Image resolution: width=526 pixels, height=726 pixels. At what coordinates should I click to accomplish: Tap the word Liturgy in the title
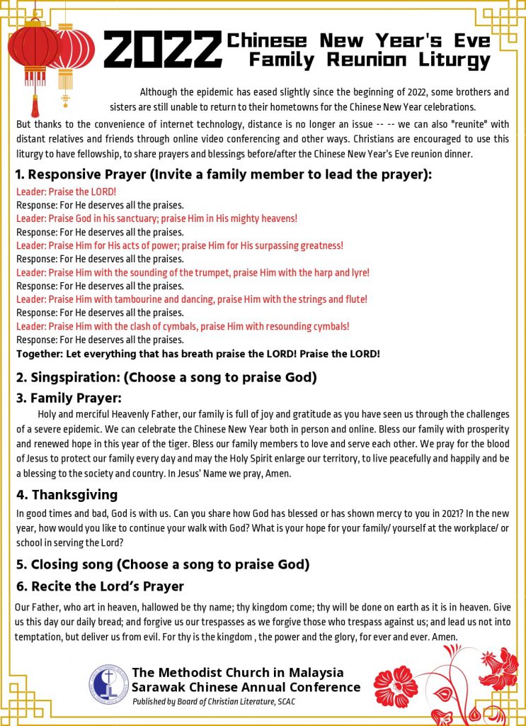pyautogui.click(x=453, y=61)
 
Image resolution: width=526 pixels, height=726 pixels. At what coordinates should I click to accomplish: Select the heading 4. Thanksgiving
pyautogui.click(x=67, y=494)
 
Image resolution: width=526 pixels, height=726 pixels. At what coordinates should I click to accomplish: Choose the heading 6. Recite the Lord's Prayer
pyautogui.click(x=100, y=586)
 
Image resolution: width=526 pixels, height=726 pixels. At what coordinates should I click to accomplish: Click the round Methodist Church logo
pyautogui.click(x=108, y=684)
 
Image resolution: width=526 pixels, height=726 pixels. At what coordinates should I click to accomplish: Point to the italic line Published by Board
pyautogui.click(x=213, y=701)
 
